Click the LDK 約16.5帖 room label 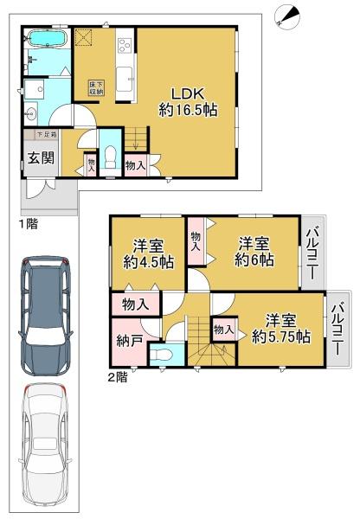(x=188, y=102)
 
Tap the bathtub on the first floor (x=47, y=39)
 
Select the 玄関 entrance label (x=41, y=158)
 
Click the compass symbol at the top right (x=287, y=17)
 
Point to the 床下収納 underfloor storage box (x=96, y=88)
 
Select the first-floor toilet (x=110, y=157)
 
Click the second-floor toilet (x=161, y=355)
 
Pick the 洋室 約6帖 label (x=254, y=253)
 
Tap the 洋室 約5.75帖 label (x=281, y=329)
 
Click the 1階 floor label (x=28, y=224)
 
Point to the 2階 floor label (x=118, y=377)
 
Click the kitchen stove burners (x=125, y=45)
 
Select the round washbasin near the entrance (x=30, y=114)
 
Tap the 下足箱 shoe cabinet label (x=46, y=135)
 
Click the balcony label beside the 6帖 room (x=312, y=253)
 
